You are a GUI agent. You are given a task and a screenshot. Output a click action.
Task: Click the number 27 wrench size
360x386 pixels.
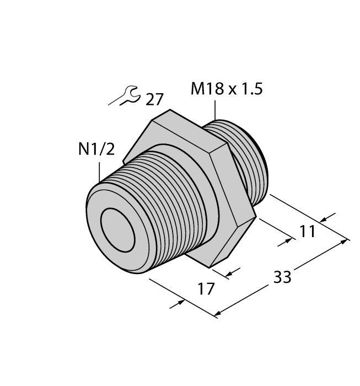[x=155, y=99]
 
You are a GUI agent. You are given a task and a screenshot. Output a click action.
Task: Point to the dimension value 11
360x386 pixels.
[x=308, y=232]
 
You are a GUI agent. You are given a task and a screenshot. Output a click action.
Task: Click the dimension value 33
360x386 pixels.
[x=282, y=277]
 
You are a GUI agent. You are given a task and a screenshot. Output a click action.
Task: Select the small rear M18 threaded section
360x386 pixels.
[x=248, y=160]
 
